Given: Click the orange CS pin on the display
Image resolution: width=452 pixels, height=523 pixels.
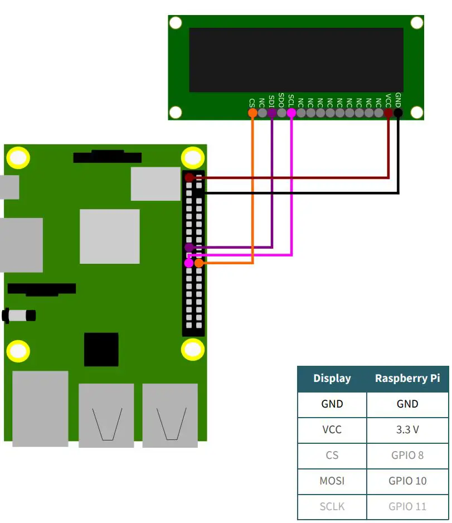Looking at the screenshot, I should pos(252,113).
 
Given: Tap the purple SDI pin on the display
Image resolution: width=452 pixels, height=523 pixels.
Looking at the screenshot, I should pos(271,113).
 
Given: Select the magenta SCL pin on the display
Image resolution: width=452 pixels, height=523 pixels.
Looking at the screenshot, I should pos(291,113).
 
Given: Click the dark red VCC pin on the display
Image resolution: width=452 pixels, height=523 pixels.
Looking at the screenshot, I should pos(388,113).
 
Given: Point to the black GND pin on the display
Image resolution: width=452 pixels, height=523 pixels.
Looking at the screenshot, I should pos(398,113).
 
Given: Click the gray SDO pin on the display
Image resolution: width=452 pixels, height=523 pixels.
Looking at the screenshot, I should pos(281,113).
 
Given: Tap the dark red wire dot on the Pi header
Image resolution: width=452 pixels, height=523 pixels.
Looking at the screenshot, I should pos(189,177).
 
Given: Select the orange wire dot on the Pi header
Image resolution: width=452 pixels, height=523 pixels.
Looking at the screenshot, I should pos(199,263).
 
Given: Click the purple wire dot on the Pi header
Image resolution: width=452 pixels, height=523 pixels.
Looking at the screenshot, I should pos(189,247).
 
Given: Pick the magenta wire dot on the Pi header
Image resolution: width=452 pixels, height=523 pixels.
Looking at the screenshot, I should pos(189,263).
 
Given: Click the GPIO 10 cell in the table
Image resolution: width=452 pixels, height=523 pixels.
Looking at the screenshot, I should pos(407,481).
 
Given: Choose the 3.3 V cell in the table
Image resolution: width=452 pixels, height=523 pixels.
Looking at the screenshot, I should pos(407,430).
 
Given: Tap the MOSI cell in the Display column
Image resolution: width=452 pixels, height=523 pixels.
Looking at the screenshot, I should pos(332,481).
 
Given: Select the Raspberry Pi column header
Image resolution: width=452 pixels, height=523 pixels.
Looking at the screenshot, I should pos(407,379).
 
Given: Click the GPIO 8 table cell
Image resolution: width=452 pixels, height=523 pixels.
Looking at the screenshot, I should pos(407,456).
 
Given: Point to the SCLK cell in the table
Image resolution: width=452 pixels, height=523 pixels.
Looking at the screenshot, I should pos(332,507).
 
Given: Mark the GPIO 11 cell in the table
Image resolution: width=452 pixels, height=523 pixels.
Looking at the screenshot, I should pos(407,507).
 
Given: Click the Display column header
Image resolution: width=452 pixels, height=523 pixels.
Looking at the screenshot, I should pos(332,379).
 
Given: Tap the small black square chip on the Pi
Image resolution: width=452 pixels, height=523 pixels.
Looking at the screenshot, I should pos(101,350).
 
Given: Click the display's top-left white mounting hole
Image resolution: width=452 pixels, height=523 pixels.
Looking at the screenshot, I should pos(176,23).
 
